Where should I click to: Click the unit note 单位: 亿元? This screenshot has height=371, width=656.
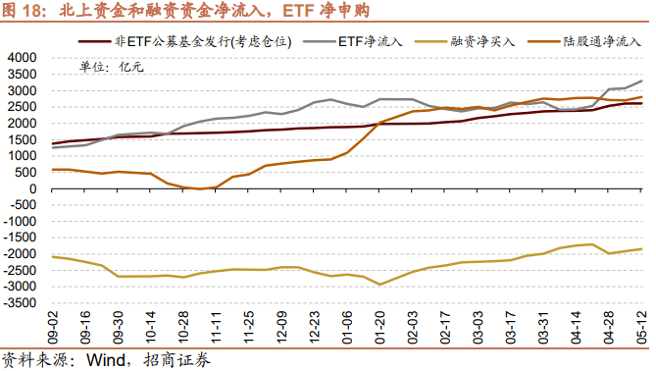click(111, 68)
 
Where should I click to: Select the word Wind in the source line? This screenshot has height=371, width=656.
click(107, 359)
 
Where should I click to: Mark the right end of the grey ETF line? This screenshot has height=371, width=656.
click(642, 80)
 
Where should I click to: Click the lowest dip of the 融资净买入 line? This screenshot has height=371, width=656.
click(379, 285)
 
